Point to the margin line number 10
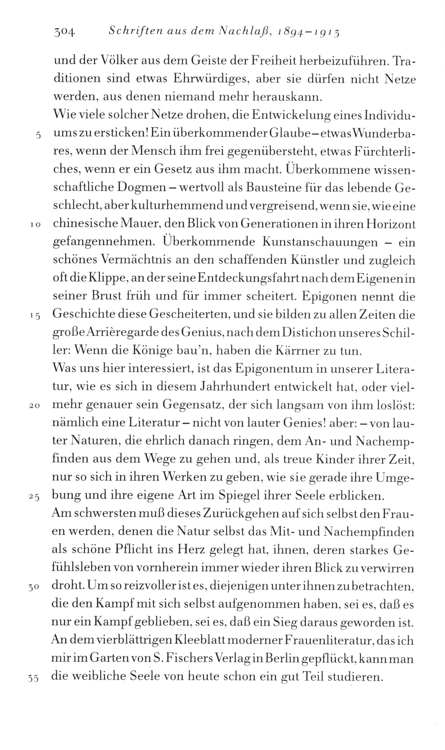click(36, 225)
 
